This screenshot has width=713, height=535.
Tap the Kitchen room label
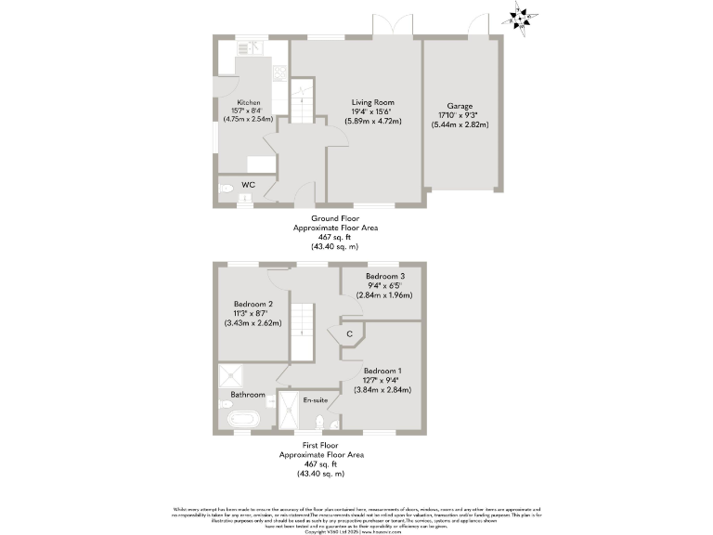tap(248, 102)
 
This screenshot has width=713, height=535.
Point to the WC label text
tap(248, 185)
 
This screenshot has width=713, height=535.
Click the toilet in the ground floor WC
tap(226, 188)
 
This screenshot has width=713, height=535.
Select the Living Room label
tap(372, 102)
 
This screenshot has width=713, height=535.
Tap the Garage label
tap(461, 106)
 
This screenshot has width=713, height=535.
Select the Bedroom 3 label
tap(384, 277)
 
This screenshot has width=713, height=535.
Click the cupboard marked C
tap(349, 333)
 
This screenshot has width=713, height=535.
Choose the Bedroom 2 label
tap(253, 304)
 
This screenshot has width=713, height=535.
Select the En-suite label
tap(315, 399)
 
